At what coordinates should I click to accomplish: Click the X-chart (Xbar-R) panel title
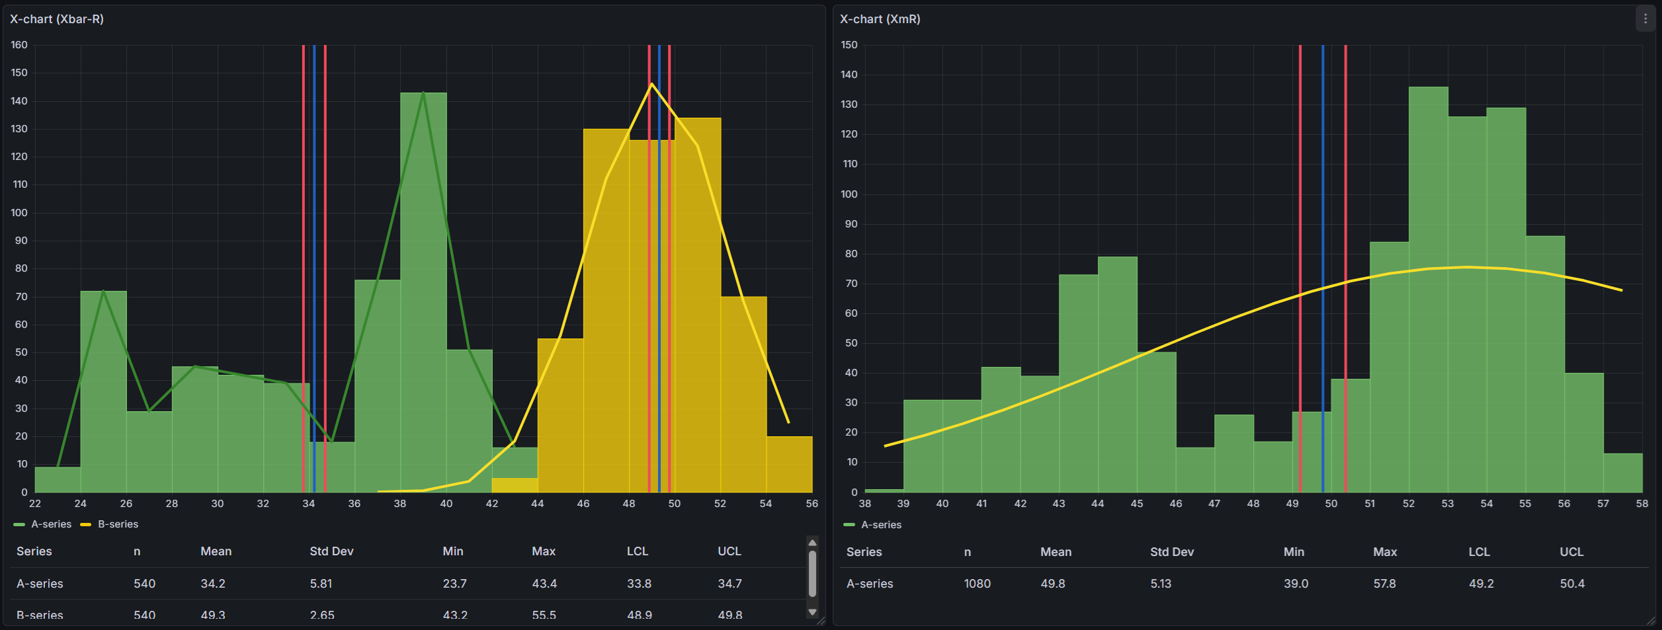(57, 19)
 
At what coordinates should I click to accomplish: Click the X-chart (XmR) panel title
(880, 19)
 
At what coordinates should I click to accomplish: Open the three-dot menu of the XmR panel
(1645, 19)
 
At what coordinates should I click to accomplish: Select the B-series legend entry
(118, 524)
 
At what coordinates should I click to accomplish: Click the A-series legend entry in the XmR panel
(881, 525)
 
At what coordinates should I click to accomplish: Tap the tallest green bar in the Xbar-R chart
(423, 291)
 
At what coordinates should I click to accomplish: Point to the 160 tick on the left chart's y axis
(19, 45)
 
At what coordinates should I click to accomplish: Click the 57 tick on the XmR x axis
(1603, 504)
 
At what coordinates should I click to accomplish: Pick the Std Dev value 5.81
(321, 584)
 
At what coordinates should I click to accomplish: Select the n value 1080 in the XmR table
(977, 584)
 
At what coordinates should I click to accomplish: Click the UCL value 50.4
(1572, 584)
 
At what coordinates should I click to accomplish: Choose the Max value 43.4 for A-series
(544, 584)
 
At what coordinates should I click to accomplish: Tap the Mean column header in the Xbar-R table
(216, 551)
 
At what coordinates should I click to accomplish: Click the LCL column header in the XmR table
(1479, 552)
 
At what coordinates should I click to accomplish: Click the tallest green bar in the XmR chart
(1429, 291)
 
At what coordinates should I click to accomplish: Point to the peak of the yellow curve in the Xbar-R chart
(651, 84)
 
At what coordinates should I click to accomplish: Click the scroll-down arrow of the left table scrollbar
(813, 612)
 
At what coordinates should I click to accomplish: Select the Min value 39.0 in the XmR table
(1296, 584)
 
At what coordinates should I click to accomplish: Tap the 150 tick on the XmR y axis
(849, 45)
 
